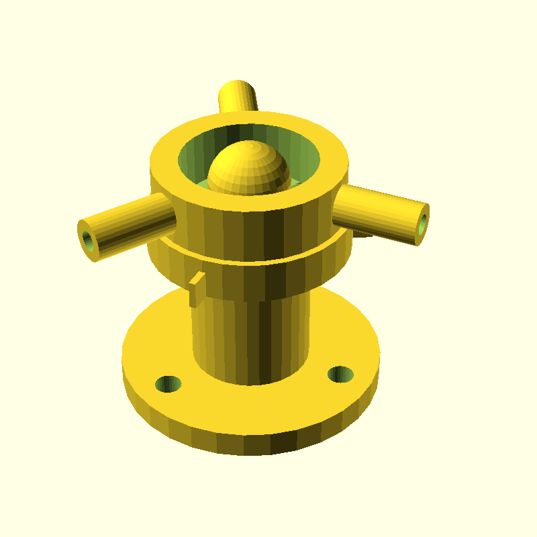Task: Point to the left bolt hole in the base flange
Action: pos(168,383)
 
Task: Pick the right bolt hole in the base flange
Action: pos(340,373)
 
